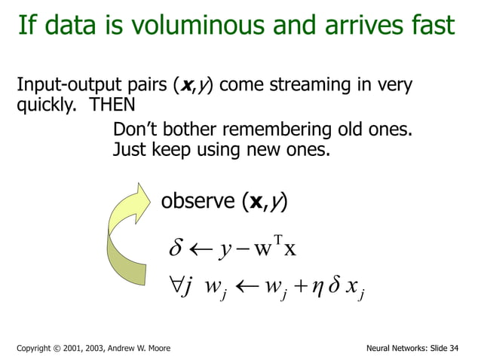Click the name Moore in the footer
pos(157,348)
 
